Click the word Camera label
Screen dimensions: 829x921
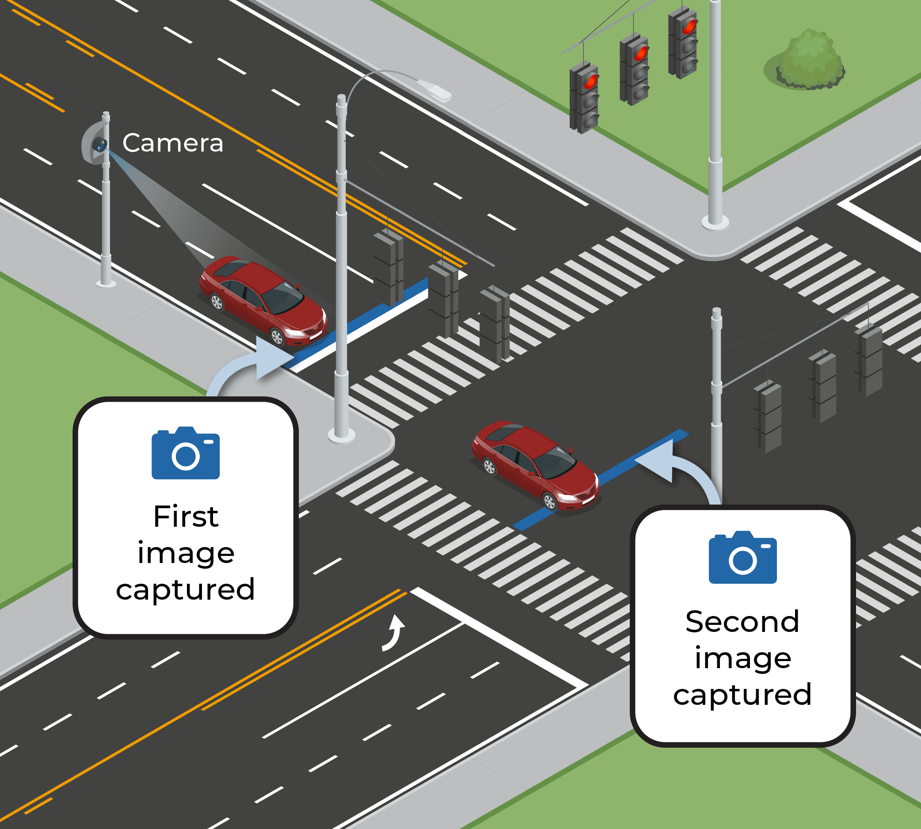(173, 143)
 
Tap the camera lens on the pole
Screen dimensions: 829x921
(99, 145)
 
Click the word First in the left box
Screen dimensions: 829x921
(186, 517)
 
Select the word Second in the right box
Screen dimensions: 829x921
(742, 622)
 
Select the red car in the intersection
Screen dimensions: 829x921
(535, 464)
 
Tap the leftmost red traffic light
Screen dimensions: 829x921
(590, 82)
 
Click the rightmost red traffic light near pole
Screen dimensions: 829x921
(688, 27)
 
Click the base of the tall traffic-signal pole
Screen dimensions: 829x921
(715, 222)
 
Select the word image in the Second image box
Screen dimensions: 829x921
(742, 658)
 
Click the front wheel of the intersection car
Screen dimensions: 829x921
(550, 502)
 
